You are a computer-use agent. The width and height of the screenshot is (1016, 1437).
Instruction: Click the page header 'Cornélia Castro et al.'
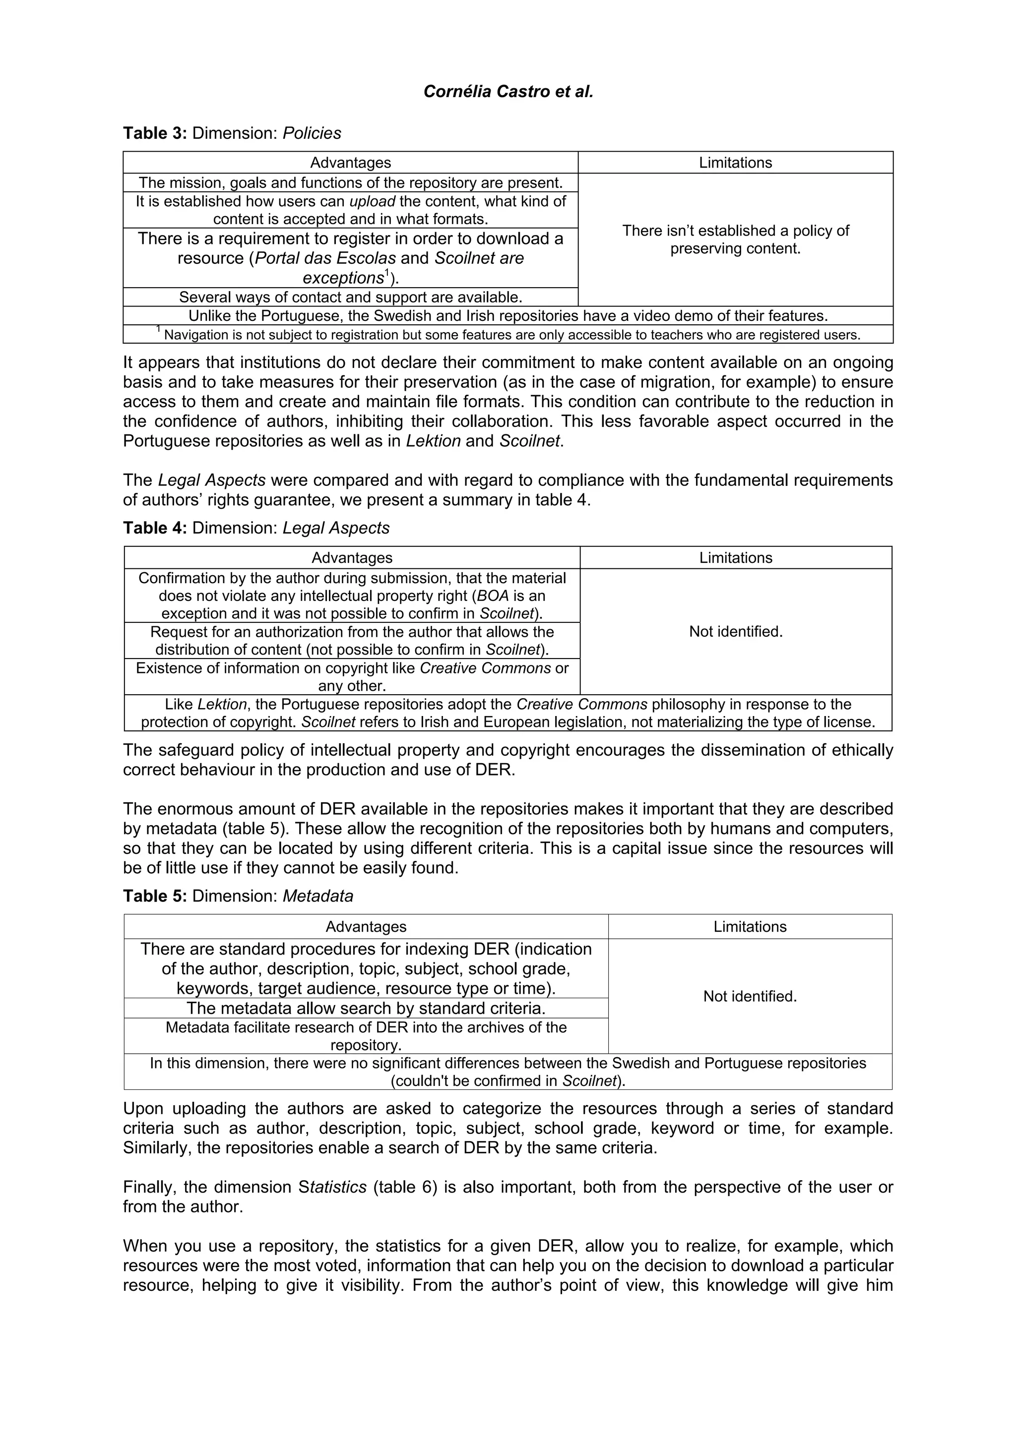[508, 92]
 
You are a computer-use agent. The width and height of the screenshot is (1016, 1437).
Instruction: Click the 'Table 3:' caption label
[155, 133]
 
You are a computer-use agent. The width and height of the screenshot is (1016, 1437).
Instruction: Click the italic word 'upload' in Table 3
[372, 201]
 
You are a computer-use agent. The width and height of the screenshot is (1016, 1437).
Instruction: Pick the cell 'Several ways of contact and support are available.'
[351, 298]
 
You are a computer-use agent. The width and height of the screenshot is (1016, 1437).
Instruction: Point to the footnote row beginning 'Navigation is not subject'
[508, 335]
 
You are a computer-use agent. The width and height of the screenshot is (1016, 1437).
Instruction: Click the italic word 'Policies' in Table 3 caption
[312, 133]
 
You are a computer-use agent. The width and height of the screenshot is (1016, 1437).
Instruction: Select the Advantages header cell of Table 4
[352, 558]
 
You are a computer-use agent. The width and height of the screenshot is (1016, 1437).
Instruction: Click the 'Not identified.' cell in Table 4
[736, 632]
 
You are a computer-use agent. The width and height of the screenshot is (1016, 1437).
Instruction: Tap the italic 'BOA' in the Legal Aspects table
[493, 596]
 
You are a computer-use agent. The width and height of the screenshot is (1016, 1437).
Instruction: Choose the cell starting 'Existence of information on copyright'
[352, 676]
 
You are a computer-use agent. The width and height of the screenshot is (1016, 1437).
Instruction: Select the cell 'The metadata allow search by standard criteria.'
[366, 1008]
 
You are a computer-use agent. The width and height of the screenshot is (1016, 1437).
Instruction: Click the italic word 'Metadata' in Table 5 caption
[317, 896]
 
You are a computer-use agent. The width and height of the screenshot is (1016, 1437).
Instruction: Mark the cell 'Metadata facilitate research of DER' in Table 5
[366, 1036]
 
